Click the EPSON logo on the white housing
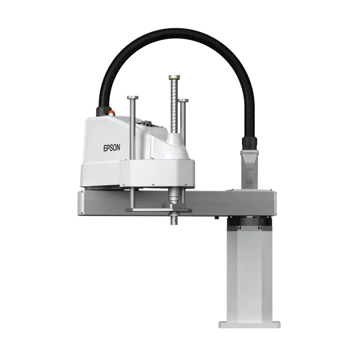tap(111, 148)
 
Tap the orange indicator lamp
tap(112, 112)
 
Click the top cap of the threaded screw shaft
tap(174, 77)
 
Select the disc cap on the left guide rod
tap(133, 97)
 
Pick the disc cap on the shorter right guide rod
tap(183, 100)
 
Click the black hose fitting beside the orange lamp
tap(102, 111)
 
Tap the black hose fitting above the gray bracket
tap(249, 142)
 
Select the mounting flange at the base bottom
tap(249, 325)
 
